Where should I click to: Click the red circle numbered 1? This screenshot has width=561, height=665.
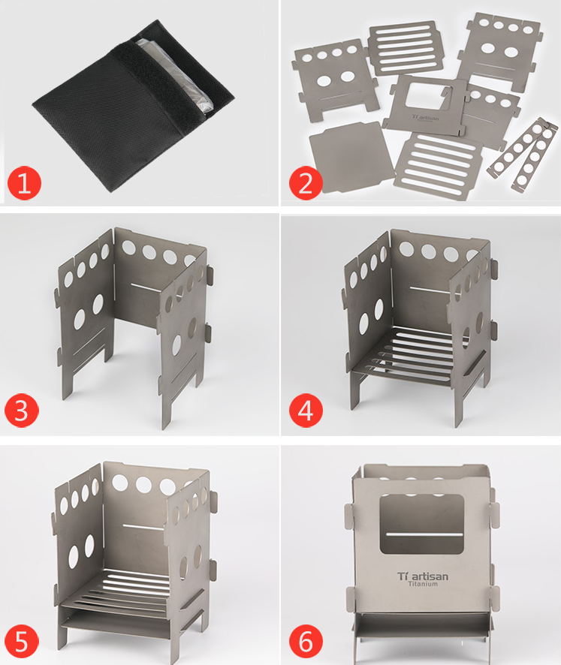click(x=24, y=183)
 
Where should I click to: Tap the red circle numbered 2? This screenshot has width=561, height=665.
click(x=305, y=183)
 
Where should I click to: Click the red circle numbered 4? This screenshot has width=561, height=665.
click(x=305, y=411)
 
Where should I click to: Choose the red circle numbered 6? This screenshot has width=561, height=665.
click(x=305, y=642)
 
